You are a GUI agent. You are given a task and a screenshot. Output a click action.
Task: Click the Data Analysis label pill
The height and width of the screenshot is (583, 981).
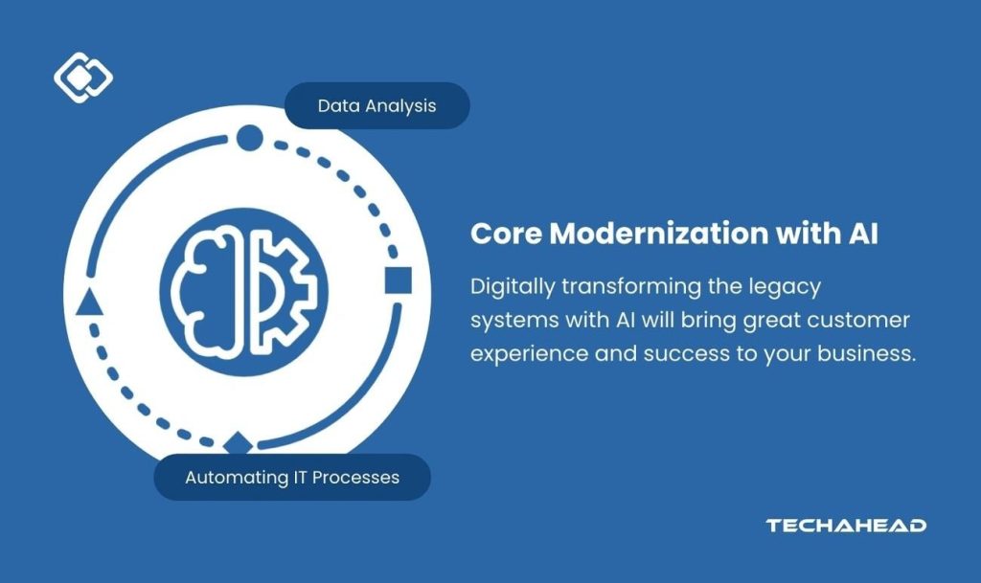point(376,105)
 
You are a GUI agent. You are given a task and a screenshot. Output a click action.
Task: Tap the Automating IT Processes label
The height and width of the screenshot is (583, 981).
point(292,477)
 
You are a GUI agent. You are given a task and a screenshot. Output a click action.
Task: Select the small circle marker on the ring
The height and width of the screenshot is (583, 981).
point(249,139)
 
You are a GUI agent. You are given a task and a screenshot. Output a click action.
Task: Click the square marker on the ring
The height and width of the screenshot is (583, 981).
point(398,280)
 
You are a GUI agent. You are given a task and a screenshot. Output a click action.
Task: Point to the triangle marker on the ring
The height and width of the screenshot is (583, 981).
point(88,303)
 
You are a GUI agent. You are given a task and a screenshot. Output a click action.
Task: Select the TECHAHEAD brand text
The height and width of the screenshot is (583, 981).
point(845,526)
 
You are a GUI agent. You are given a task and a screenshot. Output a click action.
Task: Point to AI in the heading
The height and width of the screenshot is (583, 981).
point(861,234)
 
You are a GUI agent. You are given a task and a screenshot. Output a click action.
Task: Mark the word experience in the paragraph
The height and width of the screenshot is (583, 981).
point(528,352)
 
